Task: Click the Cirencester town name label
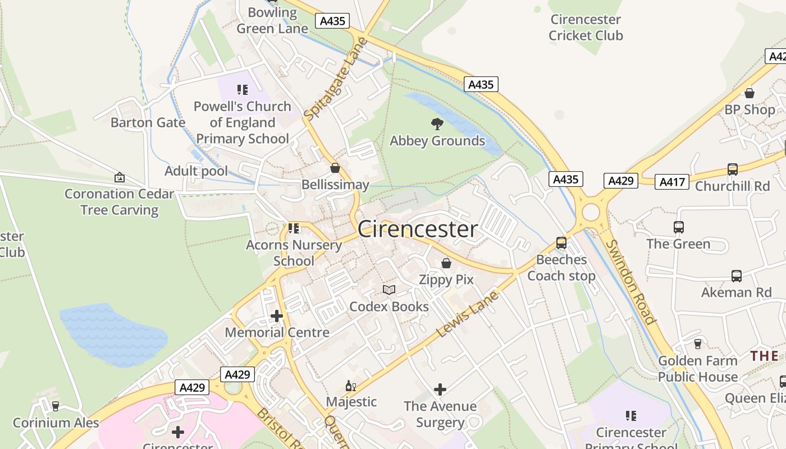(x=418, y=229)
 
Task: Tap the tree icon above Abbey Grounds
(x=437, y=124)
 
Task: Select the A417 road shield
(x=671, y=182)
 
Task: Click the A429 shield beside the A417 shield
(x=621, y=181)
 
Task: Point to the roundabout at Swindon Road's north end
(x=591, y=213)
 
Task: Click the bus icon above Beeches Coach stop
(x=561, y=243)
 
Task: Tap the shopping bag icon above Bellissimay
(x=335, y=168)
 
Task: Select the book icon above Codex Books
(x=389, y=290)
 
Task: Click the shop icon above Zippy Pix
(x=446, y=263)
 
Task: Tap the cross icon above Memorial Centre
(x=277, y=315)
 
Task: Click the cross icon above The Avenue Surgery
(x=440, y=389)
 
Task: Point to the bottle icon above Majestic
(x=351, y=386)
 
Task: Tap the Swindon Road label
(x=631, y=282)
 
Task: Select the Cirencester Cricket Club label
(x=586, y=28)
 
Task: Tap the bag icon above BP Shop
(x=749, y=93)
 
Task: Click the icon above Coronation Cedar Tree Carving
(x=120, y=177)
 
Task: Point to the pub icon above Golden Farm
(x=698, y=343)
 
